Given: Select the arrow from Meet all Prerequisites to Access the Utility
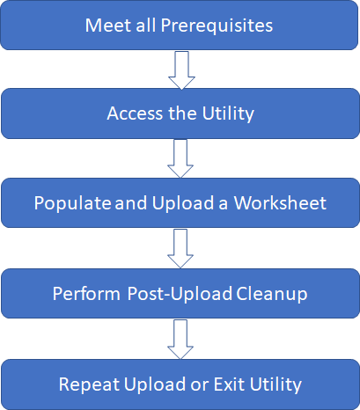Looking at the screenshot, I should [180, 70].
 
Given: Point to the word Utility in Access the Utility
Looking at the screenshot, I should [227, 113].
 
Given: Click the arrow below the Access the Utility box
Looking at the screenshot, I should [180, 159].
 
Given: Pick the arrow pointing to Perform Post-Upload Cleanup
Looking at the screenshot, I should [180, 249].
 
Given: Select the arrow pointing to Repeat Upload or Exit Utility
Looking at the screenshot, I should [180, 340].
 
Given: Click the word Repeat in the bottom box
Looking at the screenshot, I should [87, 384].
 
